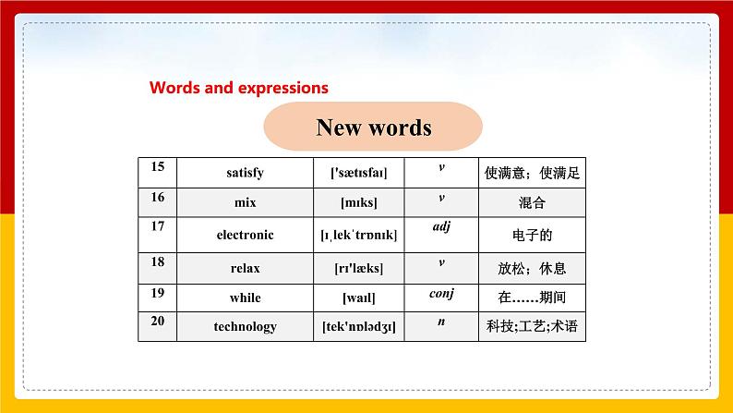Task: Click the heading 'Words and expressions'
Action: click(x=239, y=89)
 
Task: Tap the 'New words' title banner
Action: click(x=373, y=127)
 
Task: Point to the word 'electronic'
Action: click(x=245, y=235)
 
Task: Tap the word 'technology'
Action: click(x=245, y=326)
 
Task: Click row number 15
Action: click(x=157, y=166)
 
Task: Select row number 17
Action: click(x=157, y=225)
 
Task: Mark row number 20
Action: click(x=157, y=320)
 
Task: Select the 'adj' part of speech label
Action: click(x=440, y=226)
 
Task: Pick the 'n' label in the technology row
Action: click(x=440, y=321)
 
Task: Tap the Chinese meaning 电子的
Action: click(x=532, y=235)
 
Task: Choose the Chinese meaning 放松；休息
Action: click(x=532, y=268)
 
